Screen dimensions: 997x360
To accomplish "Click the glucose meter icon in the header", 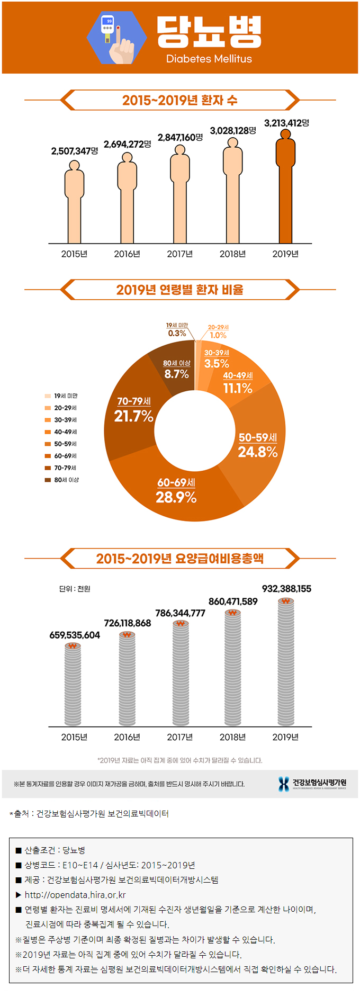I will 117,37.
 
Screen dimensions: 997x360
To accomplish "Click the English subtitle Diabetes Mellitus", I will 209,59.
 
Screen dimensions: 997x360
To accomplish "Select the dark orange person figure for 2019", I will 285,188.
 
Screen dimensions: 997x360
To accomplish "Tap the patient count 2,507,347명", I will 75,151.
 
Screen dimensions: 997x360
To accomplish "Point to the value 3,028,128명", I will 233,130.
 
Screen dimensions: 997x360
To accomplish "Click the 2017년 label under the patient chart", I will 180,254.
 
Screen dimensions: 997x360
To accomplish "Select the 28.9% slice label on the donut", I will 176,497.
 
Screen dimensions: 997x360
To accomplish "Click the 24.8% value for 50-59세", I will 258,452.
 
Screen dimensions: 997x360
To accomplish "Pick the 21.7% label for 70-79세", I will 134,416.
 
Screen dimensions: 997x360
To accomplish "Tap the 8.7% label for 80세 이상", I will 177,374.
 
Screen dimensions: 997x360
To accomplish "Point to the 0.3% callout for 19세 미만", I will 177,333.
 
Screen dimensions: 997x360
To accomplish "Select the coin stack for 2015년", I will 74,686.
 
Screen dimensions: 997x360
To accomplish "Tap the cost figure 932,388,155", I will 286,589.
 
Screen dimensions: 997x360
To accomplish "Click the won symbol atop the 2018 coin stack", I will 232,613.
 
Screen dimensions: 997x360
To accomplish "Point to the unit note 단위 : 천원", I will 75,589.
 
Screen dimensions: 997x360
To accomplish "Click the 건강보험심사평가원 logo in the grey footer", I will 312,784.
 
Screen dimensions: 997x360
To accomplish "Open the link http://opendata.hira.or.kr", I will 75,895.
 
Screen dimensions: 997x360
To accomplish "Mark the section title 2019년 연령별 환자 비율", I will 180,290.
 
